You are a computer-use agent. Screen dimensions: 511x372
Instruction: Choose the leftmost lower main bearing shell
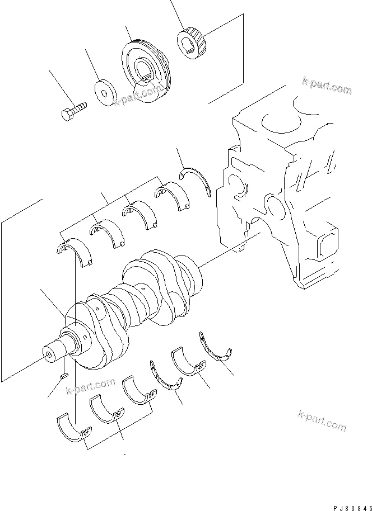(72, 428)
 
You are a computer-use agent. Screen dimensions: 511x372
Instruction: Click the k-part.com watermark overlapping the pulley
(134, 97)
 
